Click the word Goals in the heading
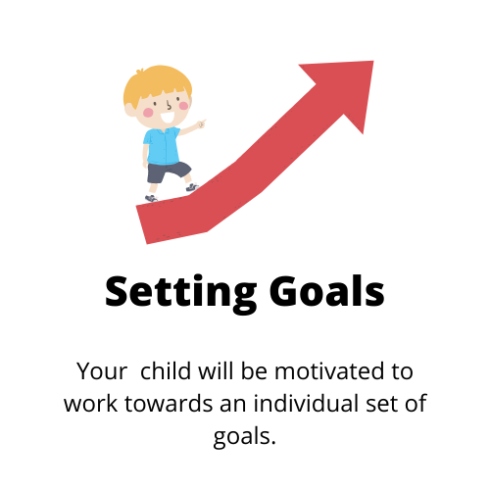click(327, 290)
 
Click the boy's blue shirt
click(162, 146)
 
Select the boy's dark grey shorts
click(168, 172)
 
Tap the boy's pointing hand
click(201, 123)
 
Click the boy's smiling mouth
click(169, 118)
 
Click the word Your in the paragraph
click(102, 371)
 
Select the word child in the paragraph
click(166, 370)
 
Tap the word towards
click(169, 404)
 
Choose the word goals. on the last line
click(245, 437)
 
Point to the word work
click(90, 403)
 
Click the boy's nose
click(169, 106)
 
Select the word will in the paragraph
click(216, 370)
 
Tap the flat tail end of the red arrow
click(141, 225)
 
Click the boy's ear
click(129, 110)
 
